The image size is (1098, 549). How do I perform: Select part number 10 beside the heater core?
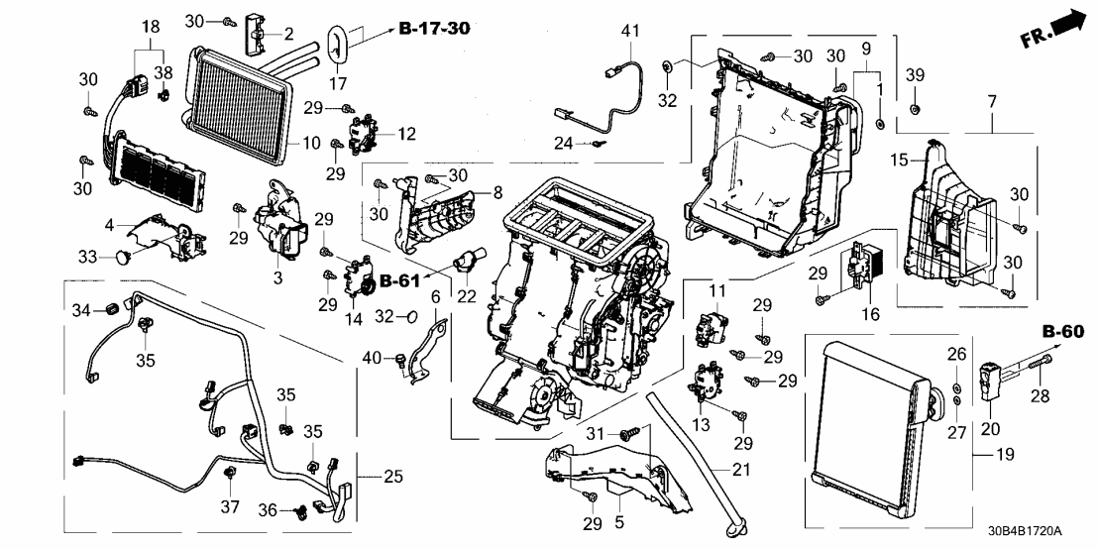(311, 144)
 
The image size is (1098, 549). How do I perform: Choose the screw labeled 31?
(627, 434)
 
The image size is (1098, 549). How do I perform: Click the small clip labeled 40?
(398, 357)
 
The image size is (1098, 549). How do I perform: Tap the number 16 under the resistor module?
(870, 316)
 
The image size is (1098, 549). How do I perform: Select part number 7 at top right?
(990, 100)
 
